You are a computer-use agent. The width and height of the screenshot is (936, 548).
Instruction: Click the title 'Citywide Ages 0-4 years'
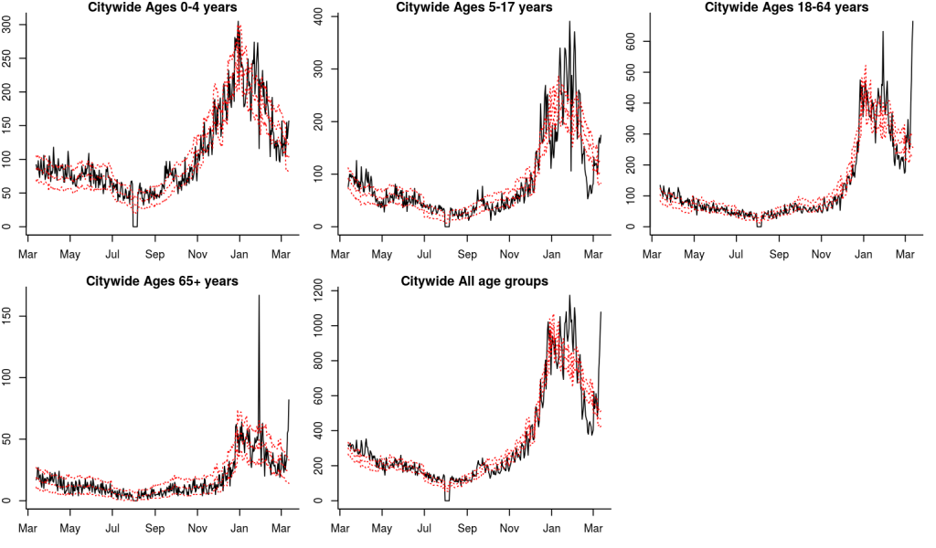click(x=162, y=7)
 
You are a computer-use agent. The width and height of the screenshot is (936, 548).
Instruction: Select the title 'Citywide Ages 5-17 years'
click(x=474, y=7)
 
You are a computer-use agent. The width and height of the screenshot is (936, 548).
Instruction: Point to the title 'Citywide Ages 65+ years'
click(x=162, y=281)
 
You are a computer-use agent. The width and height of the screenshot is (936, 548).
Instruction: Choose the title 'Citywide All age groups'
click(x=474, y=281)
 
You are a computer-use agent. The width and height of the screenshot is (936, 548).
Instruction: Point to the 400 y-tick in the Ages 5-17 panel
click(x=320, y=16)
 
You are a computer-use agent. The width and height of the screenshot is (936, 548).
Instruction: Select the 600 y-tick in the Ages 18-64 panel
click(x=633, y=41)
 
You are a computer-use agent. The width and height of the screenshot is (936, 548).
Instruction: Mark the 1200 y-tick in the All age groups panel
click(x=320, y=291)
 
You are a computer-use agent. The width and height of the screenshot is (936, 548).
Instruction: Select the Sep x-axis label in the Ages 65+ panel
click(x=154, y=529)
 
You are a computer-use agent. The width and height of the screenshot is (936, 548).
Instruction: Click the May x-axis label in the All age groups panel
click(x=382, y=529)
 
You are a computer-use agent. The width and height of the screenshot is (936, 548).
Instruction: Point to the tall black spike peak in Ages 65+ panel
click(x=259, y=296)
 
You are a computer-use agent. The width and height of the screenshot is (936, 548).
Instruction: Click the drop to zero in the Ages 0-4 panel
click(x=134, y=226)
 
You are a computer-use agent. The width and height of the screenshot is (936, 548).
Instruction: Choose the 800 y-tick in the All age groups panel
click(x=320, y=361)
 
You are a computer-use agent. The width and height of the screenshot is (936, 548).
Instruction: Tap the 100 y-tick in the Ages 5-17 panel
click(x=320, y=174)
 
